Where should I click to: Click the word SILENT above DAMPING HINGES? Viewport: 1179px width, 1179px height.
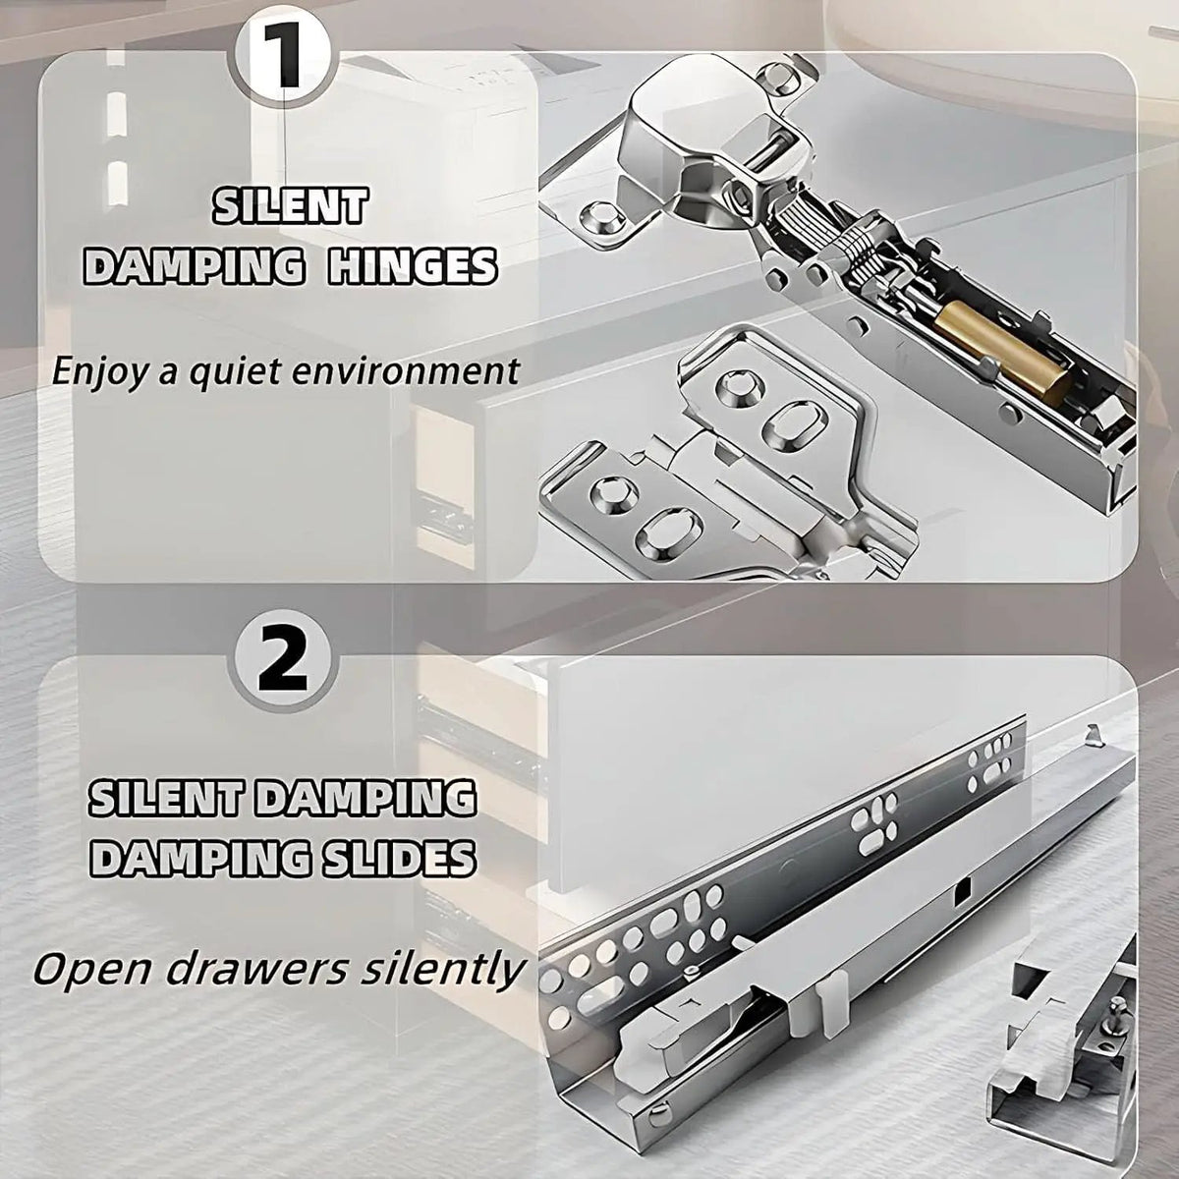click(290, 205)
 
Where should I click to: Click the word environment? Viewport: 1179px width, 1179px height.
click(416, 371)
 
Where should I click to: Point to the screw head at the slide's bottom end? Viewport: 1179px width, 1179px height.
click(658, 1116)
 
